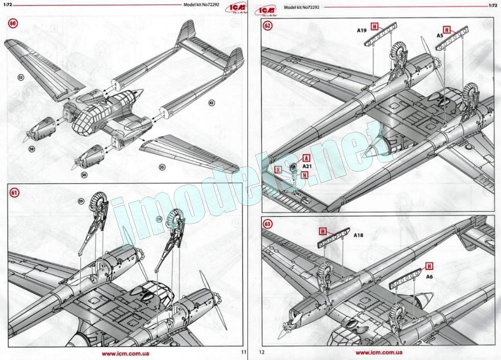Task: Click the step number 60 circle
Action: (13, 24)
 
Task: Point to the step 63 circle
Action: (268, 224)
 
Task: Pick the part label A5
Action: (439, 36)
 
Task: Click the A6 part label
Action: (429, 275)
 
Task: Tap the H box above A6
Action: (429, 265)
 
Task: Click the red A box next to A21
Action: (305, 157)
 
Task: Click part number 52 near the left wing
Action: (21, 78)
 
